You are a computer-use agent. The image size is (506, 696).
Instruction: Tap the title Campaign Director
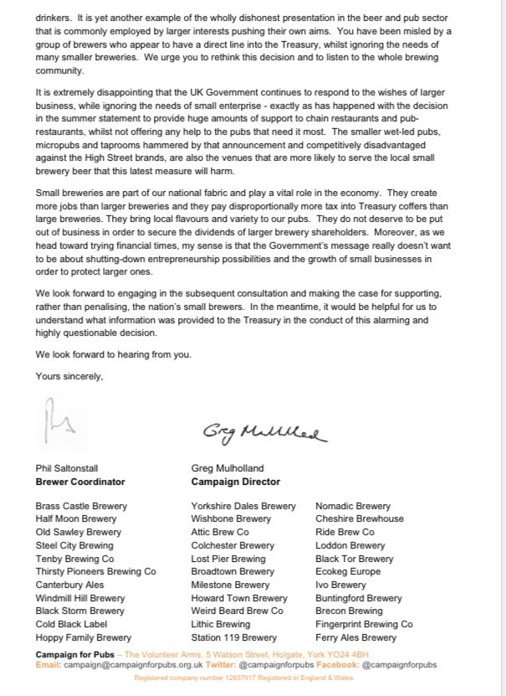[235, 482]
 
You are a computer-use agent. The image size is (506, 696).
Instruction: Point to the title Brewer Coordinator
[80, 482]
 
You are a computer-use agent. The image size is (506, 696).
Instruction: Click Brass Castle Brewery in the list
[81, 506]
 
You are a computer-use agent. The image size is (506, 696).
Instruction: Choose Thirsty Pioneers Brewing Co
[95, 571]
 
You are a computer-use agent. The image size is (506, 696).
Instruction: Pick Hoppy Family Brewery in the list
[83, 637]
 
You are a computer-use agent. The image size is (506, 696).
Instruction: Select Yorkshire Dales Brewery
[243, 506]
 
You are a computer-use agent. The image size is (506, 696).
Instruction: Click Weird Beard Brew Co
[238, 611]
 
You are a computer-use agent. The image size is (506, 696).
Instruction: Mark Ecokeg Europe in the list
[348, 571]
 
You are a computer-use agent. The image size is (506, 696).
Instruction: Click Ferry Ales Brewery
[355, 637]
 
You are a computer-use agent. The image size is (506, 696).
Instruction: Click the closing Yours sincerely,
[69, 376]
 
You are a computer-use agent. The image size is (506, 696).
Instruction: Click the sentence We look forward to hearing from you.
[114, 353]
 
